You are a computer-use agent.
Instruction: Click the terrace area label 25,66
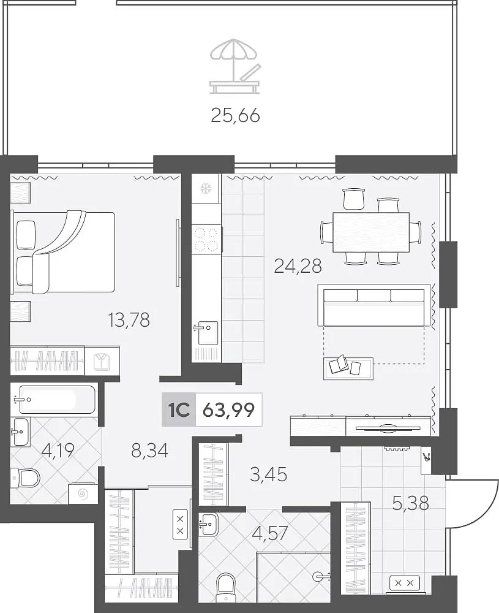coord(235,115)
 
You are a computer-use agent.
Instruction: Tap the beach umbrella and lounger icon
coord(234,66)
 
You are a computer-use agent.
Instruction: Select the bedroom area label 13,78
coord(129,319)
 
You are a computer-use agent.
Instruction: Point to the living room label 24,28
coord(298,266)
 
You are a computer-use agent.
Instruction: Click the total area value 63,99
coord(229,409)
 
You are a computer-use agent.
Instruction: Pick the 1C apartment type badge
coord(179,409)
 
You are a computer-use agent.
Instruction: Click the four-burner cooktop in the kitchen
coord(206,240)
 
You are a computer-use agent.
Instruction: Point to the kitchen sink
coord(206,332)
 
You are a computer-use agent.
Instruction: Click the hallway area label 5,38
coord(410,503)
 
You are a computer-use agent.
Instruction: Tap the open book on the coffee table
coord(337,365)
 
